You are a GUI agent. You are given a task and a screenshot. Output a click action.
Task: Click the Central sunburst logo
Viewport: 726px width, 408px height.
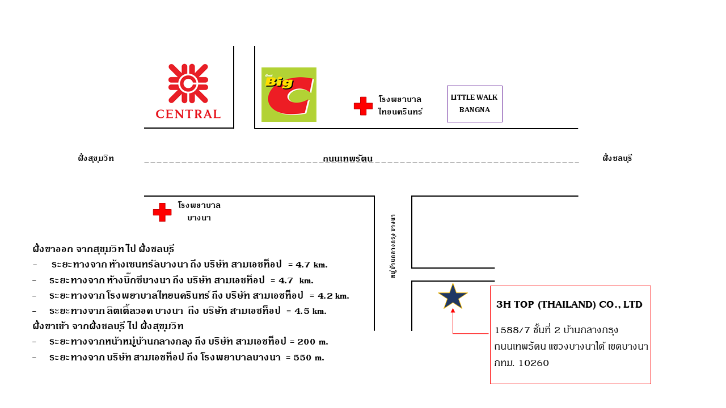(188, 83)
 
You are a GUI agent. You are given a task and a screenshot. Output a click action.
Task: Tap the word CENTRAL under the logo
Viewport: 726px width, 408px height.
(188, 114)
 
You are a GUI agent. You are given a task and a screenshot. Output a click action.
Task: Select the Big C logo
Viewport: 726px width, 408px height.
(289, 95)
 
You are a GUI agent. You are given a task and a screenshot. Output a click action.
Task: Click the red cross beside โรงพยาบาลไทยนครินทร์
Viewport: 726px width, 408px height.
(363, 106)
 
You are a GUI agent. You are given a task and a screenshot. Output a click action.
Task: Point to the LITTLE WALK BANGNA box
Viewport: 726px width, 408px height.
(475, 104)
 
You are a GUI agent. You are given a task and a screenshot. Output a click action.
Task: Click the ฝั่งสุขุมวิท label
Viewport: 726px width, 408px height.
(96, 158)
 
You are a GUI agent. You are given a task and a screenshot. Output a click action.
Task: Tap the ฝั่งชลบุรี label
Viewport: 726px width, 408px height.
(618, 158)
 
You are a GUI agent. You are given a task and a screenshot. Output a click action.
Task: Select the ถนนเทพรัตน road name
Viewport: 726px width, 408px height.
(348, 159)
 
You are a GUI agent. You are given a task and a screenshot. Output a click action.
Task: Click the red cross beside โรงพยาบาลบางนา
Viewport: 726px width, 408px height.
(162, 212)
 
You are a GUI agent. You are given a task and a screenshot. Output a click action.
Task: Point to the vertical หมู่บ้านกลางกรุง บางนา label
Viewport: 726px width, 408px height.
(393, 246)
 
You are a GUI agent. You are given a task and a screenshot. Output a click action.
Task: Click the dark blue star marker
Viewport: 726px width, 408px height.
(453, 296)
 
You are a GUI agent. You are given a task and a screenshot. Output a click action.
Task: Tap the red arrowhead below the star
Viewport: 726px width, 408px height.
(453, 311)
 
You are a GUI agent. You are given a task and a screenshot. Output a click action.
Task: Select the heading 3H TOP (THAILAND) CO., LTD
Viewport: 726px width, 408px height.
(569, 304)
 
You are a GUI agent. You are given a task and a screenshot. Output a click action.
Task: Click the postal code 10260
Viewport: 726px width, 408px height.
(534, 363)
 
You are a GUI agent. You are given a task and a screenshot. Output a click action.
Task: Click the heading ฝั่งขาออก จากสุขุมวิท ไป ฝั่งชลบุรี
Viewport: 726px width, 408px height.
(103, 249)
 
